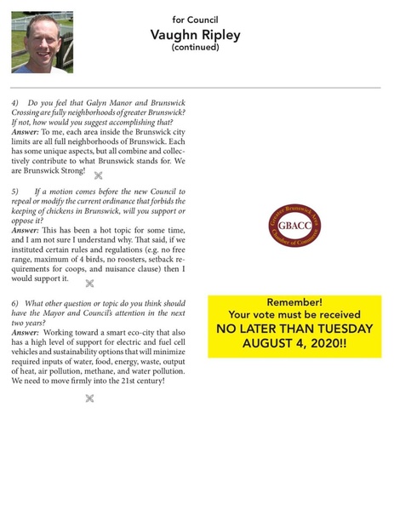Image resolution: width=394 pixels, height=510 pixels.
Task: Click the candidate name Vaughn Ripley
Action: click(x=196, y=35)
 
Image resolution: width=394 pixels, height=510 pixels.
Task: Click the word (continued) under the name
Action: click(x=196, y=49)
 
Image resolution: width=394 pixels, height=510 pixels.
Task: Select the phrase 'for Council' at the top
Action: click(x=196, y=18)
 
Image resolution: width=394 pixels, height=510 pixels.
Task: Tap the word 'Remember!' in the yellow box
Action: click(x=294, y=302)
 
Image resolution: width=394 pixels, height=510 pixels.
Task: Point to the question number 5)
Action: click(x=16, y=193)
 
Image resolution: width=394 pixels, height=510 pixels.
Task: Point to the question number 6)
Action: click(x=16, y=304)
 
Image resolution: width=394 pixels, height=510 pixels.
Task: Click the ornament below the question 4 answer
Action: click(x=99, y=175)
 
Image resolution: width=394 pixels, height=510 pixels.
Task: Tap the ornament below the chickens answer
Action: click(x=89, y=283)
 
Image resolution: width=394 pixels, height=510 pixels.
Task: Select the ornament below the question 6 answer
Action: click(x=89, y=398)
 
